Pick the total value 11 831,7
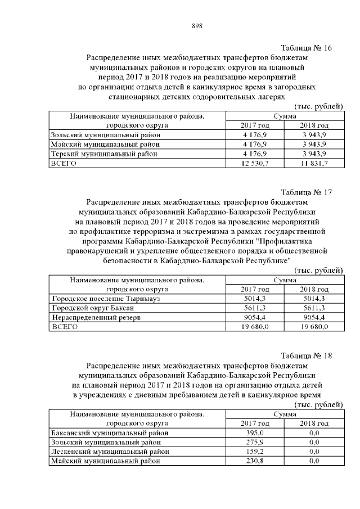[x=314, y=163]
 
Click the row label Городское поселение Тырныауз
[x=105, y=299]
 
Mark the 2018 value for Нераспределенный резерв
[x=314, y=318]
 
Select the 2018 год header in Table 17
[x=314, y=289]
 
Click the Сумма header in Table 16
[x=285, y=116]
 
